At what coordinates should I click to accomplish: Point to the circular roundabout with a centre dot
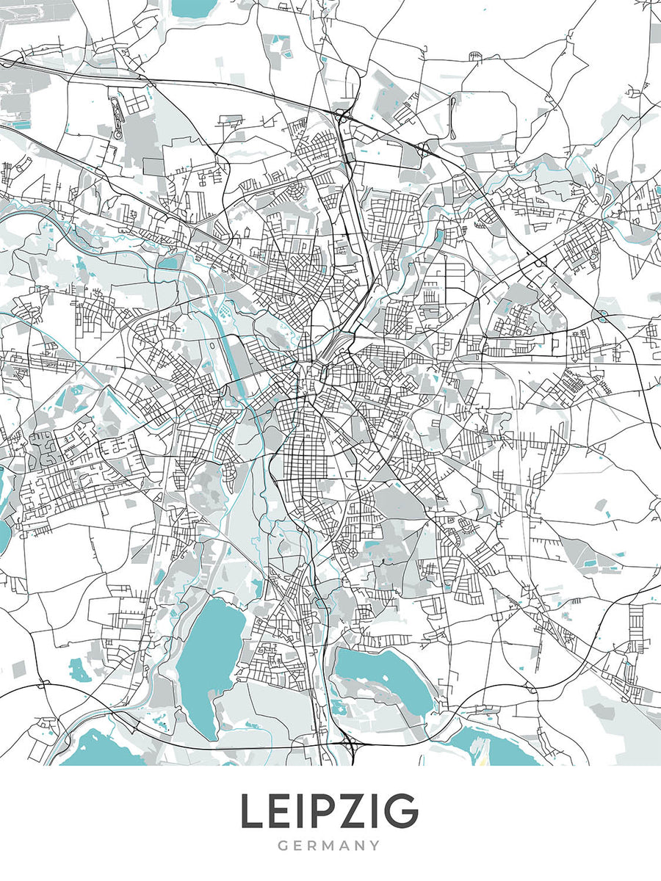click(x=353, y=551)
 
